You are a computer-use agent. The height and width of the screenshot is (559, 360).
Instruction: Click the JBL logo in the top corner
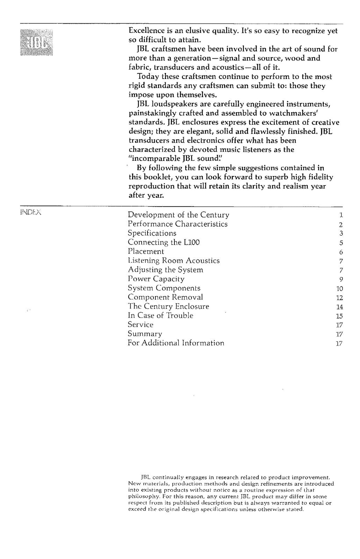(36, 43)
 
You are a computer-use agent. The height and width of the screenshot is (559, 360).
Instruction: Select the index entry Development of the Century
(178, 215)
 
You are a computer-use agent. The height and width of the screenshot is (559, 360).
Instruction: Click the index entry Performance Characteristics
(177, 224)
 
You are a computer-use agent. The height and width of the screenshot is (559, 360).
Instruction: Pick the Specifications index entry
(152, 233)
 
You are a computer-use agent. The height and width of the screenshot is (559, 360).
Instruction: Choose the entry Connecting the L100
(164, 242)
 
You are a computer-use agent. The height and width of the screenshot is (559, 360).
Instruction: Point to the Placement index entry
(145, 251)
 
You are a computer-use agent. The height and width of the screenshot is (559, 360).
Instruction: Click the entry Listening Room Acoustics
(173, 261)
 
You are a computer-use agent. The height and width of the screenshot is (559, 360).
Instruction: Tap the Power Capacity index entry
(156, 279)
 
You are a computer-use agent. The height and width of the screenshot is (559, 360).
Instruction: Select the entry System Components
(164, 288)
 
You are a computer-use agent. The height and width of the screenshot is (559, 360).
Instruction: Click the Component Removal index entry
(165, 297)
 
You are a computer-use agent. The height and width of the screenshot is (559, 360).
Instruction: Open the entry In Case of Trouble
(160, 315)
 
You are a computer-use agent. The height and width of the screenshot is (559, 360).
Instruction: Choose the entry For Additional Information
(176, 343)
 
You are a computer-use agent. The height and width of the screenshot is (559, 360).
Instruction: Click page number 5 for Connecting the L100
(341, 243)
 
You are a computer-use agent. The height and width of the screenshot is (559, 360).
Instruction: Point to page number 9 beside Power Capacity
(341, 279)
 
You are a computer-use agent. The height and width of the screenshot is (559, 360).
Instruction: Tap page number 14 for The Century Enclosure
(339, 307)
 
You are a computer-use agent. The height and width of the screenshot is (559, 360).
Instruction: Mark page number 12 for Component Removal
(339, 298)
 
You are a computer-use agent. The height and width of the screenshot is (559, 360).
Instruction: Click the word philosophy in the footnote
(140, 496)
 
